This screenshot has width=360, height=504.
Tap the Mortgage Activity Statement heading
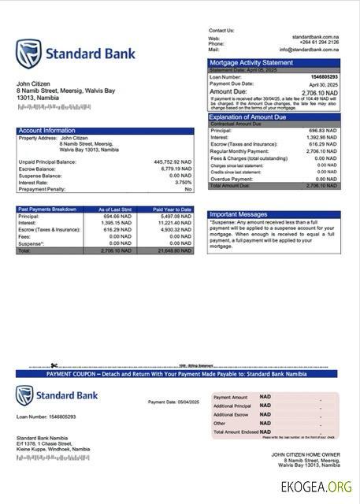[251, 62]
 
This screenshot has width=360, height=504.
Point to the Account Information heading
[47, 130]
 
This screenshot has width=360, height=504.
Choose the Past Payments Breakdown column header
[47, 209]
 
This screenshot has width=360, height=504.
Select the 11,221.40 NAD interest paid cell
[174, 223]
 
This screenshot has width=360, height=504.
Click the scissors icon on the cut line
[54, 365]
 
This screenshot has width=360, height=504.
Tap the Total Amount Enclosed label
[236, 432]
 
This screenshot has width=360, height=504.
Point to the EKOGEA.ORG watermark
[320, 487]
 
